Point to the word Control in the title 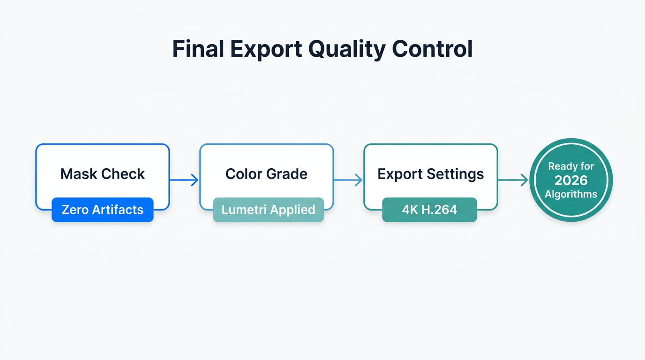432,49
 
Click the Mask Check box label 103,174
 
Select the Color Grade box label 266,174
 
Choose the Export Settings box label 430,174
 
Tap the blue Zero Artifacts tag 103,210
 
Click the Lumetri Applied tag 268,210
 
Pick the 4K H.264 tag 429,210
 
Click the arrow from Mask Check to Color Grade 184,180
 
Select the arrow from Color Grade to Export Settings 348,180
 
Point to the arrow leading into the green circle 513,180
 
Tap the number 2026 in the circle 571,180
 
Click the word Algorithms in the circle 571,194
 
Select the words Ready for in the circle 571,166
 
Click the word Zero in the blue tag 75,210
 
